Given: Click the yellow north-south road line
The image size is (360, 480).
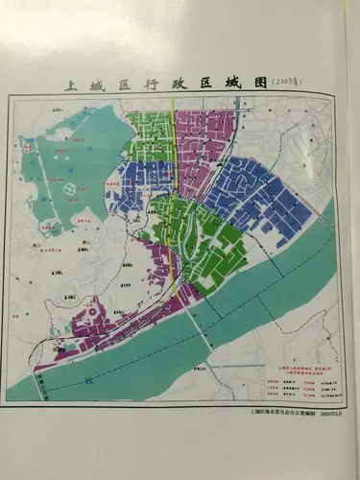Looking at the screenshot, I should tap(172, 192).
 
